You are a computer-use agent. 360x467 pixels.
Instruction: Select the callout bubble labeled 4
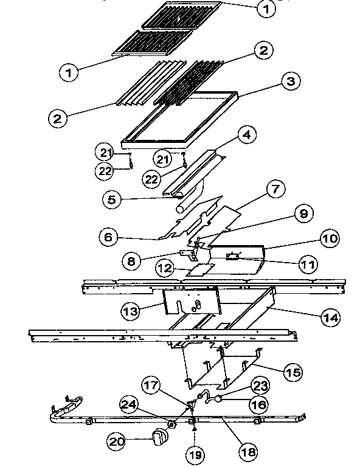245,135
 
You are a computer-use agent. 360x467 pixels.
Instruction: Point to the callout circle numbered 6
108,238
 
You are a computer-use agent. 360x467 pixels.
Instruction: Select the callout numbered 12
163,267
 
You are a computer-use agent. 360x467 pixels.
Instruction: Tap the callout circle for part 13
130,311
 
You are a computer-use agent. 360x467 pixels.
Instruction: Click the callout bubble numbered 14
330,317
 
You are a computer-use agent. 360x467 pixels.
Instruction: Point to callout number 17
153,385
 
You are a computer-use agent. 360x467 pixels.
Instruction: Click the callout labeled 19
195,454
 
